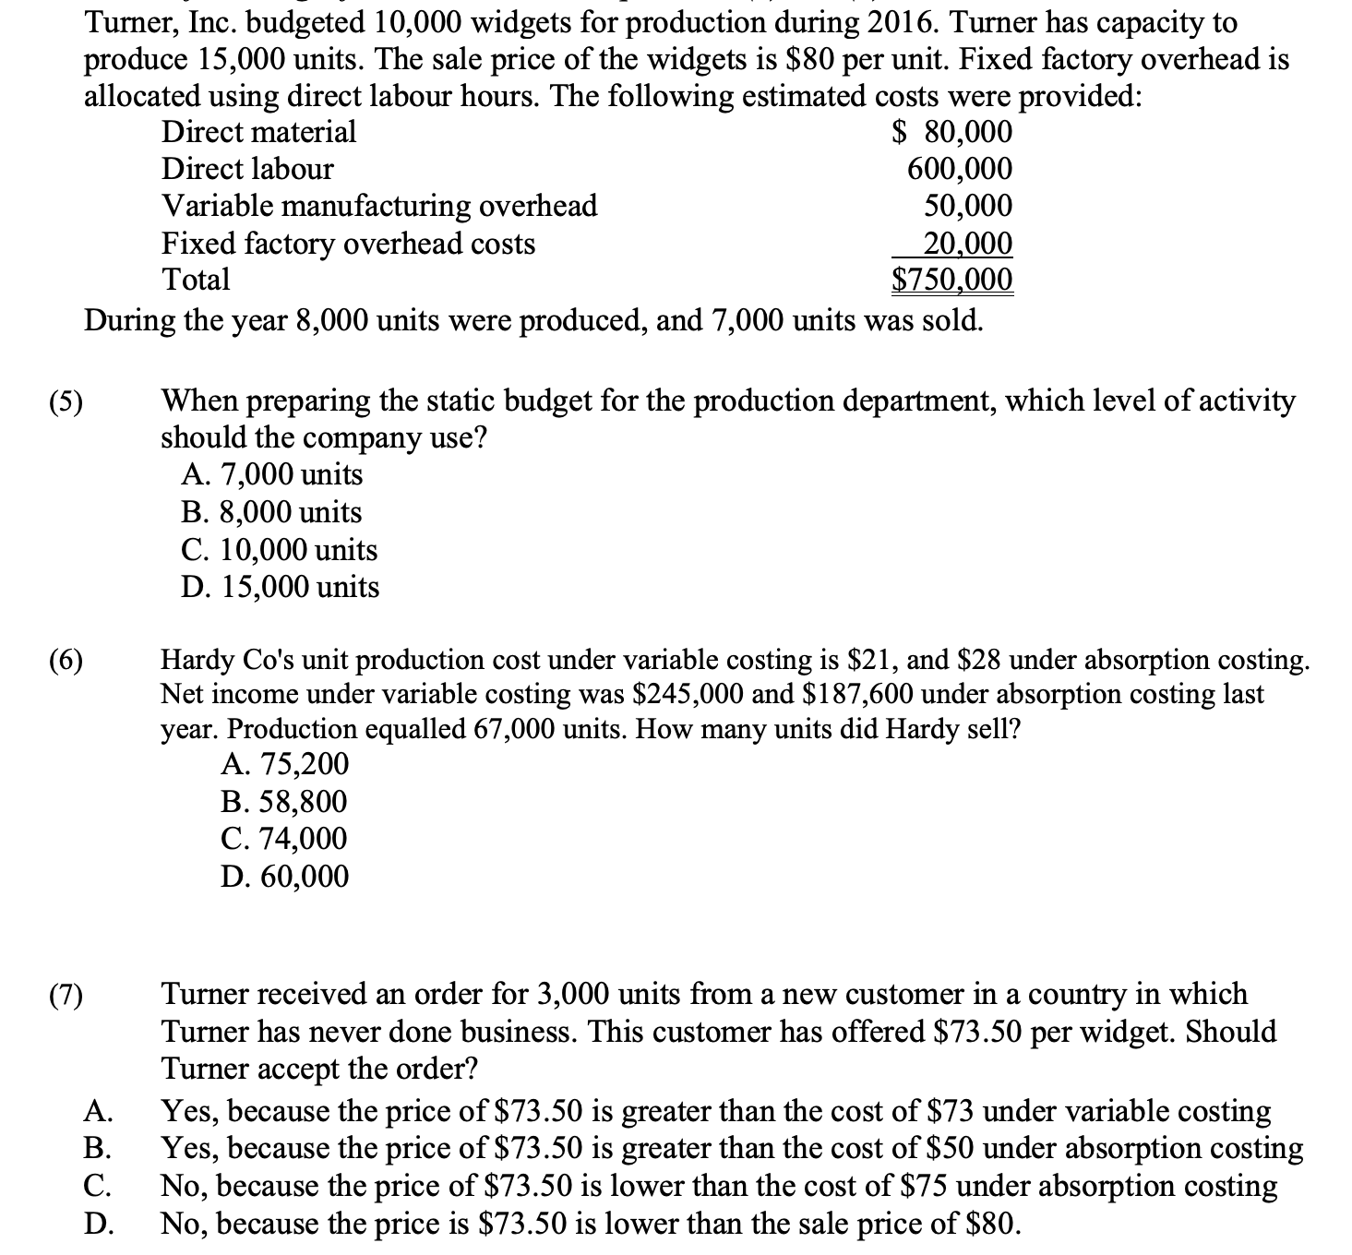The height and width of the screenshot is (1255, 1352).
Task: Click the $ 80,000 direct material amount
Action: (952, 132)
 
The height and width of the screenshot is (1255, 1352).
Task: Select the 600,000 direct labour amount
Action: (960, 169)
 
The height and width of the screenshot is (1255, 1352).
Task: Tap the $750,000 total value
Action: (952, 279)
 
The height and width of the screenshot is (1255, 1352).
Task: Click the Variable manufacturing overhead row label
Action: (379, 205)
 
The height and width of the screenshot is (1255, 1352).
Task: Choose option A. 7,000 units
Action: (272, 474)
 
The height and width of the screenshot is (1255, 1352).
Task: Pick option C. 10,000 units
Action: (280, 550)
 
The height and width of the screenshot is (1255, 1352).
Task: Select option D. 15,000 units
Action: (281, 587)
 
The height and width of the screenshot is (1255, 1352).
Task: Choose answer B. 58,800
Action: (284, 801)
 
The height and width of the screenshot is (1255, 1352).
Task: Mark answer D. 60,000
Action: (285, 876)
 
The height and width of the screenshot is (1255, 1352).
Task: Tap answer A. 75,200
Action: (285, 763)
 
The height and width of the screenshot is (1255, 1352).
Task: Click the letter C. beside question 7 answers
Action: (98, 1186)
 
